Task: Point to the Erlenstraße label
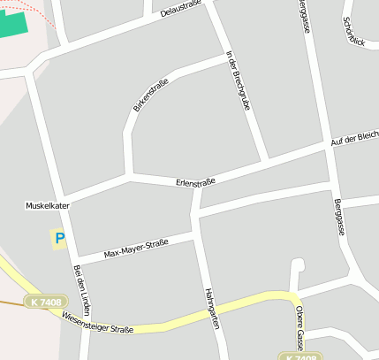pos(195,183)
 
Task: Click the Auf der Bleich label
pos(354,138)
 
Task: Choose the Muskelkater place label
pos(48,205)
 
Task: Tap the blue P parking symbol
pos(59,238)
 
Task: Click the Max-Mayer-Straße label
pos(136,249)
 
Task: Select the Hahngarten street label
pos(210,308)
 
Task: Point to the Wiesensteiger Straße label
pos(98,326)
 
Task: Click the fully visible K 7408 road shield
pos(45,303)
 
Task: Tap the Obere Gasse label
pos(299,327)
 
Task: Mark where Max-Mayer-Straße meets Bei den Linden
pos(77,260)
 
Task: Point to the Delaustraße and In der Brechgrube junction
pos(210,6)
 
